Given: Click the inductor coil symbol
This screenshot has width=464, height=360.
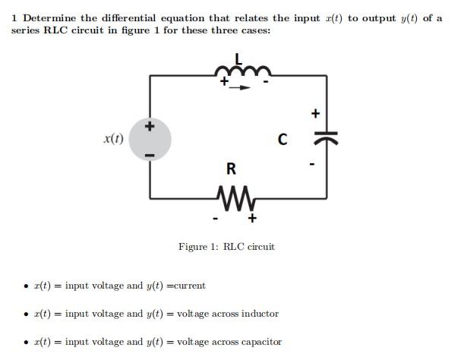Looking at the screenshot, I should (x=241, y=73).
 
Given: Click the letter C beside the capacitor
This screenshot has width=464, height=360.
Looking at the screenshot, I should (x=283, y=140).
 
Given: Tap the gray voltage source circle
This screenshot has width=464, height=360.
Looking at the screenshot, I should (x=150, y=140).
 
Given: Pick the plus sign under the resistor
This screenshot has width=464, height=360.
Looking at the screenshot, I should (x=252, y=219).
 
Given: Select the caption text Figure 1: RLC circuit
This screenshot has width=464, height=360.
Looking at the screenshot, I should (x=226, y=247).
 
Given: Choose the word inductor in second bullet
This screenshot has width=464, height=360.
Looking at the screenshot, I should (x=260, y=314).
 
